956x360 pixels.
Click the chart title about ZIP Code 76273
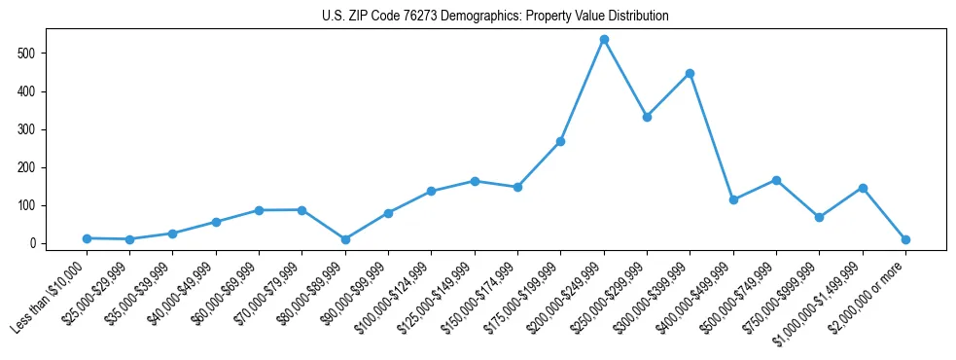(x=495, y=17)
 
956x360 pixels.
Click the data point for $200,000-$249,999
(x=604, y=40)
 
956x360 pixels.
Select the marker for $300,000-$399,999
(x=690, y=73)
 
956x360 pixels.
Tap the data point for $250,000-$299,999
(x=647, y=117)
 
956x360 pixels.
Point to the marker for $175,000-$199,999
(x=560, y=142)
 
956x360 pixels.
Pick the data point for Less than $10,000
(x=87, y=238)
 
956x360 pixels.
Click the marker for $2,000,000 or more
(x=905, y=239)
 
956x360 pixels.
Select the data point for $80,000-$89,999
(x=345, y=239)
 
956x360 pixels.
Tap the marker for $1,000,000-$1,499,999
(x=863, y=188)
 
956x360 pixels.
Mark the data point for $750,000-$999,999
(x=819, y=217)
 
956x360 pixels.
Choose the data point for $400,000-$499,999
(x=733, y=200)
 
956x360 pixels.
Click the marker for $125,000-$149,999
(x=475, y=181)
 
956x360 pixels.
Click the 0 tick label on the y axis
(x=33, y=243)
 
